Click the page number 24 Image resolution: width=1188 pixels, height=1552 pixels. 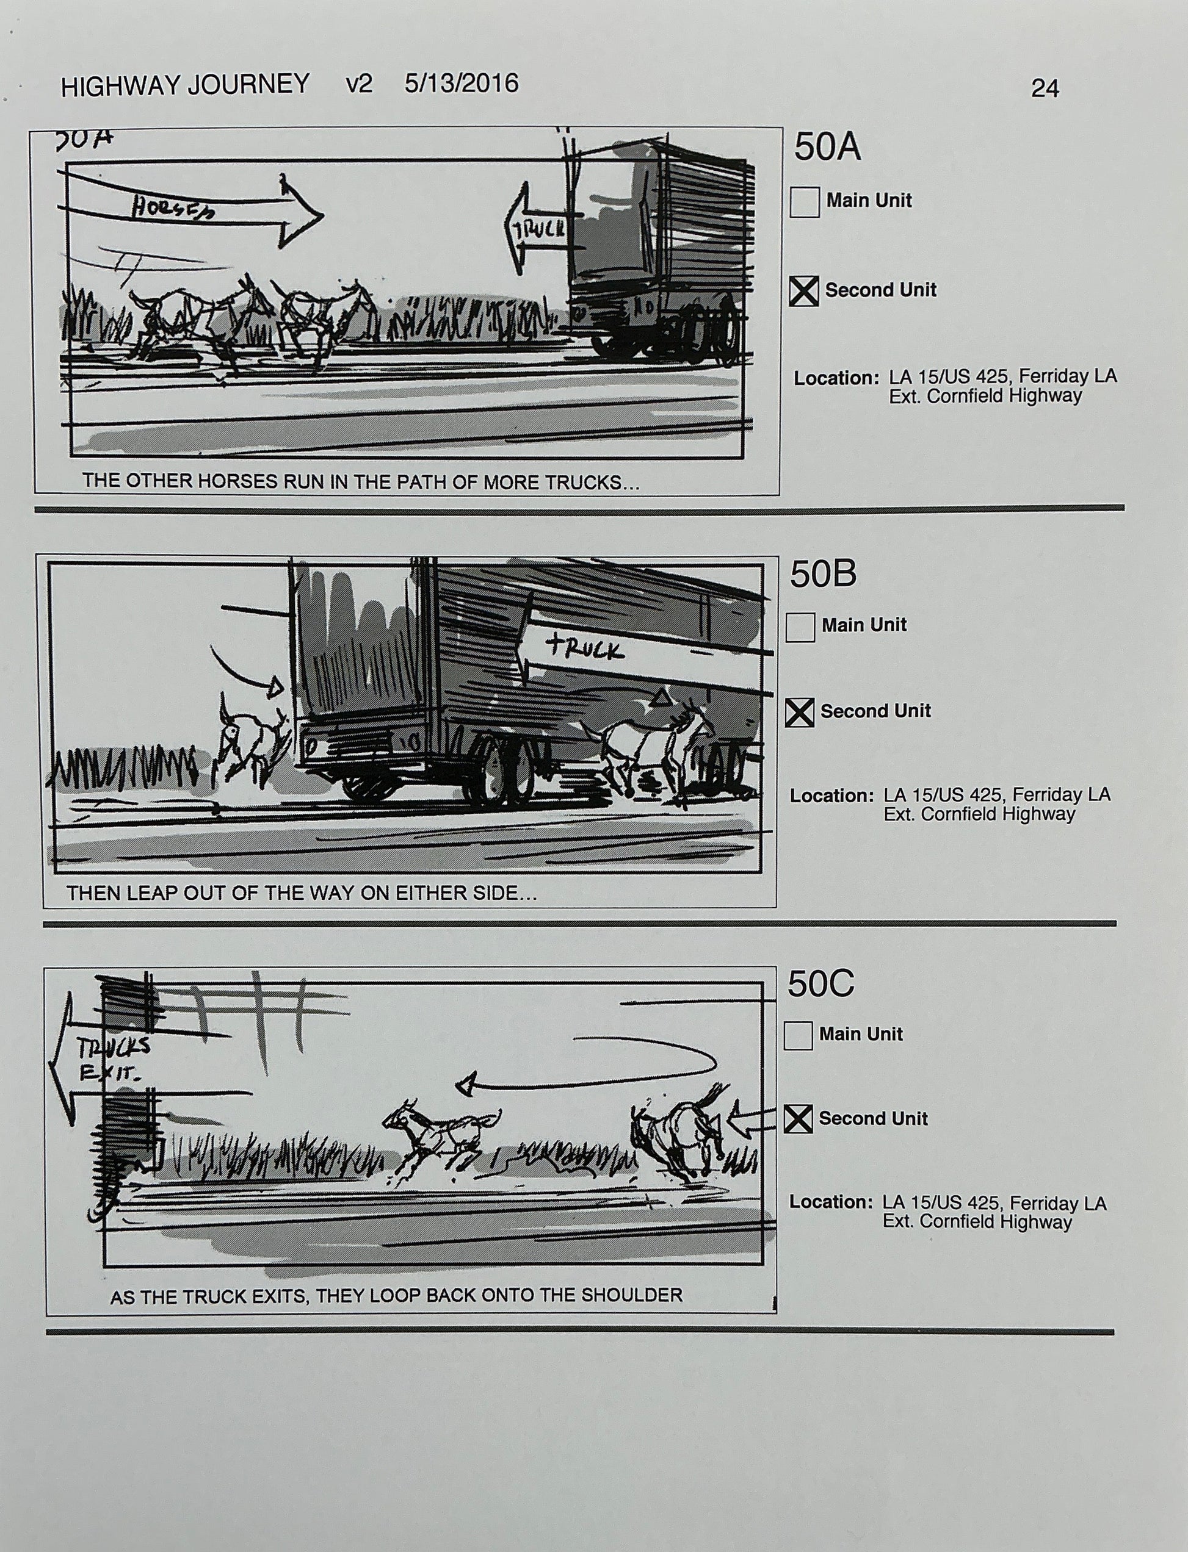pyautogui.click(x=1045, y=88)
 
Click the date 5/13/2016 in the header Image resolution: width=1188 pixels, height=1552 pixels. pyautogui.click(x=461, y=84)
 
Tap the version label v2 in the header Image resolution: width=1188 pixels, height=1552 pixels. pyautogui.click(x=358, y=84)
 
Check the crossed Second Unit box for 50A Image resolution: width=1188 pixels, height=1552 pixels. pyautogui.click(x=804, y=290)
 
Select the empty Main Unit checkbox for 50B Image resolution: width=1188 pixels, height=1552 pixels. pyautogui.click(x=800, y=627)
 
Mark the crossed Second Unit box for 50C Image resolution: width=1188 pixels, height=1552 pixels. pyautogui.click(x=799, y=1119)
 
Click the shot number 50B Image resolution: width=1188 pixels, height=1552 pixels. pyautogui.click(x=822, y=574)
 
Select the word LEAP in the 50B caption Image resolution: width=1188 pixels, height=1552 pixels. pyautogui.click(x=155, y=893)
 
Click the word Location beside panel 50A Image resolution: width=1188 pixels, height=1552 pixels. pyautogui.click(x=835, y=378)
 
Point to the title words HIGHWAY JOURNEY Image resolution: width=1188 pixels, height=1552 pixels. pyautogui.click(x=185, y=85)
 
